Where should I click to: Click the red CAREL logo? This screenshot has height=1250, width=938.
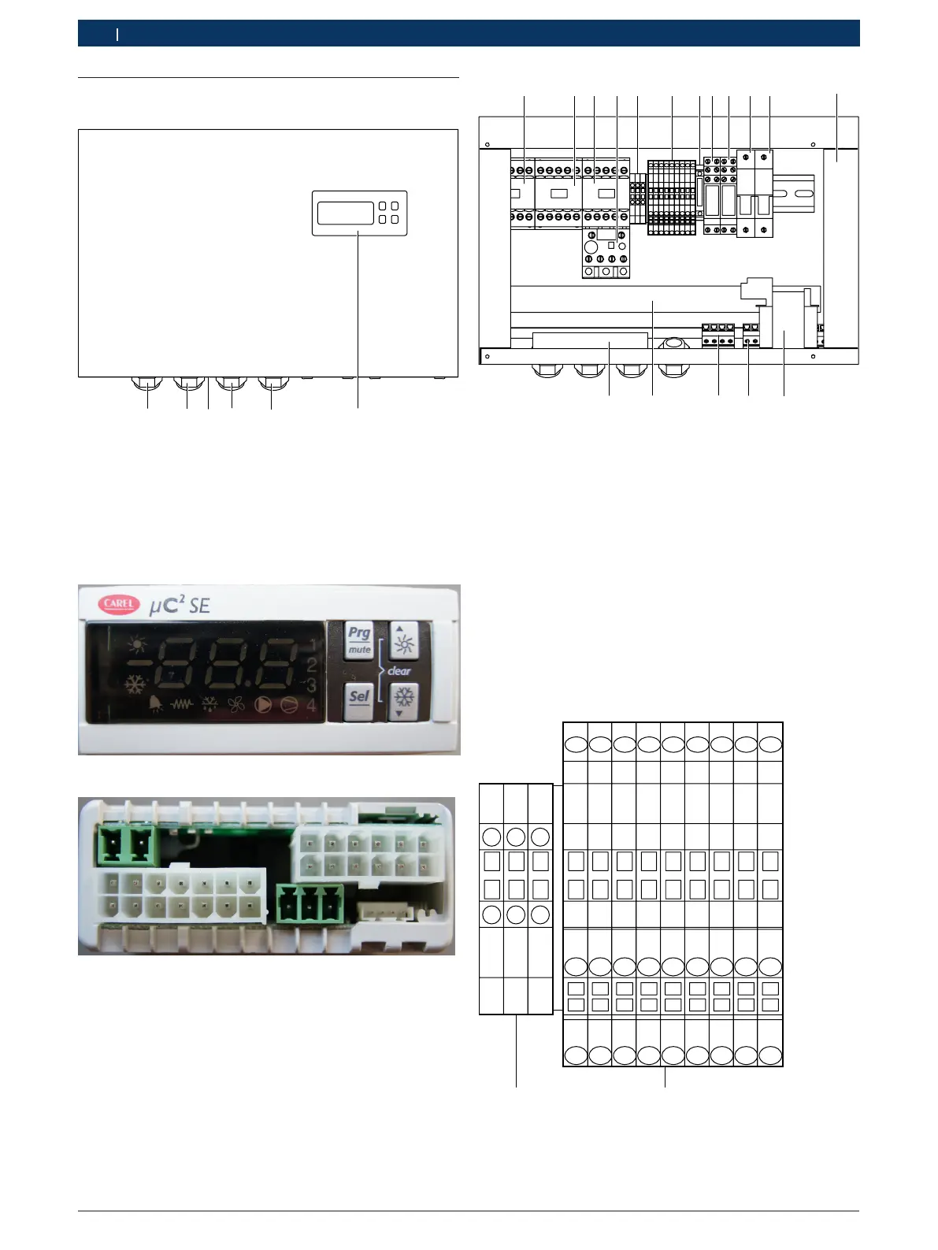click(x=119, y=604)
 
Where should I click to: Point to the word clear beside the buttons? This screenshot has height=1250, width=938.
click(x=399, y=671)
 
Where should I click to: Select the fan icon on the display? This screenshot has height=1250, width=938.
click(x=236, y=704)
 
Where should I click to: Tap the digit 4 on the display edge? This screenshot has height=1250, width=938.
click(x=312, y=705)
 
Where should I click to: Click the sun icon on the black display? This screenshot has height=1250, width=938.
click(x=138, y=646)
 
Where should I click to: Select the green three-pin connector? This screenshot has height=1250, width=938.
click(x=310, y=903)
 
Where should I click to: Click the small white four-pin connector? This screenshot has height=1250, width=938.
click(x=379, y=911)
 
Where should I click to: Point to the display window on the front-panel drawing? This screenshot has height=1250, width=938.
click(x=345, y=213)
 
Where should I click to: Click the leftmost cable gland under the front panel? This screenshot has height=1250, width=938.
click(x=147, y=385)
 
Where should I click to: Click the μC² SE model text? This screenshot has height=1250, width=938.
click(x=180, y=605)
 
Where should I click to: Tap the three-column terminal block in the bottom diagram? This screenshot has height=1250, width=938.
click(x=516, y=898)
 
